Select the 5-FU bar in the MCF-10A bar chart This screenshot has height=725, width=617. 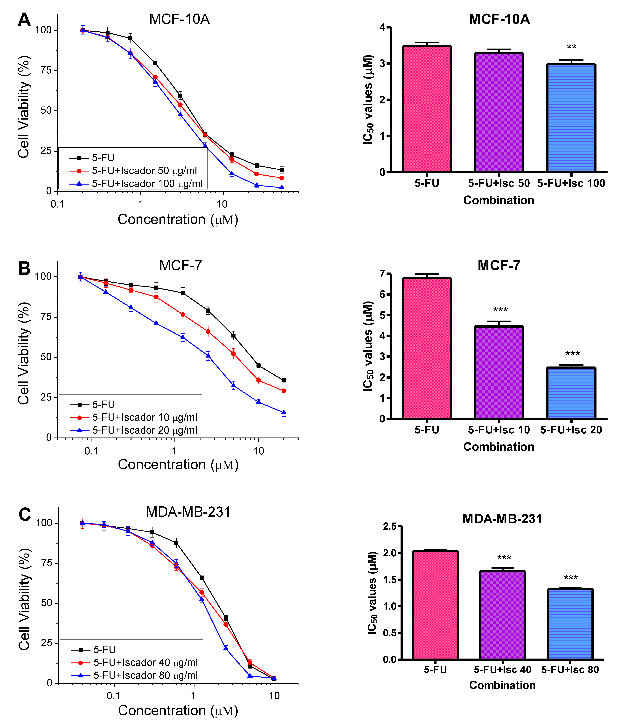426,108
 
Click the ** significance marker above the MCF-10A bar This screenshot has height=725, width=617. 571,47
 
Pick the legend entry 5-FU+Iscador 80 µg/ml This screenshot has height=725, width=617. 146,675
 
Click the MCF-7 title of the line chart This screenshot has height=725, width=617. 180,266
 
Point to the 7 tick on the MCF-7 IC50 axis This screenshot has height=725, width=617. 382,274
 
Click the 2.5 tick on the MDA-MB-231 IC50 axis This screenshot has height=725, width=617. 389,526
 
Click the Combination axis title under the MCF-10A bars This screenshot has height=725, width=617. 499,200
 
